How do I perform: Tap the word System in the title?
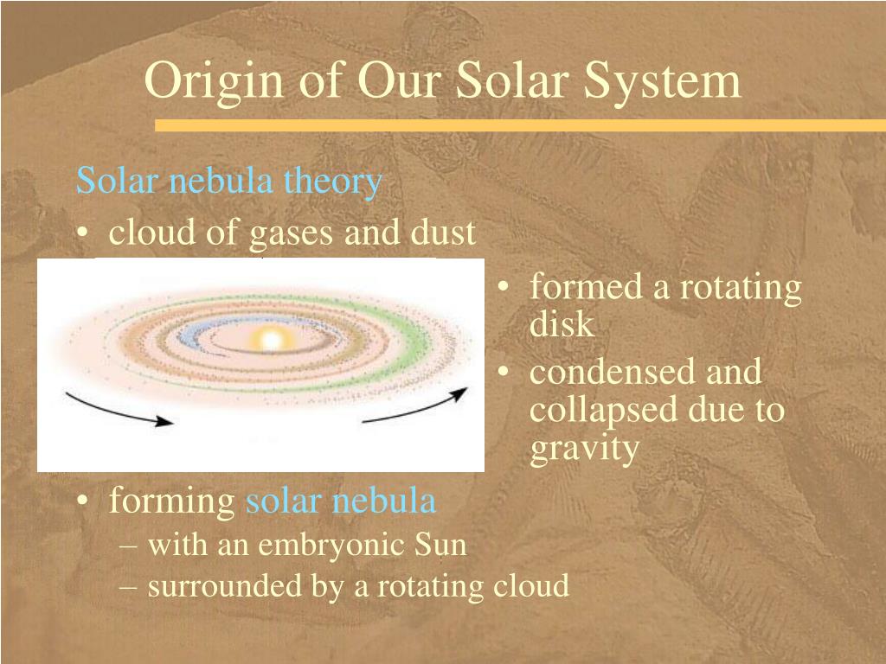pyautogui.click(x=662, y=82)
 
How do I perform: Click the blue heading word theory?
pyautogui.click(x=333, y=182)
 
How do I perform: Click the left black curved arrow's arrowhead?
pyautogui.click(x=164, y=421)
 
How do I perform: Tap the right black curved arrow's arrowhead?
pyautogui.click(x=460, y=393)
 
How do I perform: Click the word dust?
pyautogui.click(x=444, y=232)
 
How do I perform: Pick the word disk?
pyautogui.click(x=562, y=324)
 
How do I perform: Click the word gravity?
pyautogui.click(x=585, y=450)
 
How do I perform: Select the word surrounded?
pyautogui.click(x=225, y=586)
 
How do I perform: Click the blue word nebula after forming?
pyautogui.click(x=383, y=501)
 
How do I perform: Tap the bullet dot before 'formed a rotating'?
pyautogui.click(x=504, y=287)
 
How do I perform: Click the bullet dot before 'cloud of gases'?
pyautogui.click(x=83, y=233)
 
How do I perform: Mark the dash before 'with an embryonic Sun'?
pyautogui.click(x=128, y=547)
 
